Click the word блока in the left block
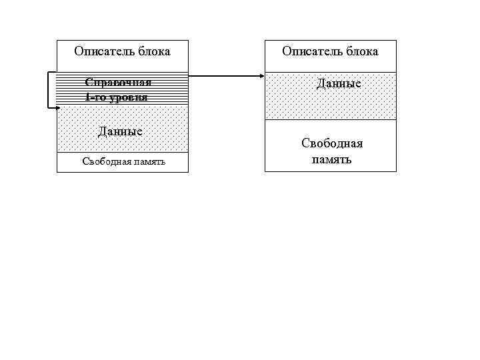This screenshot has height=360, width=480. pos(153,51)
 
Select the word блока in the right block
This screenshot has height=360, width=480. pos(361,51)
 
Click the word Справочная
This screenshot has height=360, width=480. pos(118,82)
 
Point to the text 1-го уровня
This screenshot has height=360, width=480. pos(117,97)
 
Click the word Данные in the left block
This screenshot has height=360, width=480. pos(120,131)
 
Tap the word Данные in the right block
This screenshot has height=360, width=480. pos(339,84)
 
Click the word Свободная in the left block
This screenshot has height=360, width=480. pos(103,162)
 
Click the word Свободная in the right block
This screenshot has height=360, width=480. pos(332,143)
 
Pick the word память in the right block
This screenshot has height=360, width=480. pos(331,160)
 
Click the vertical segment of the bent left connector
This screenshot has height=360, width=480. pos(47,90)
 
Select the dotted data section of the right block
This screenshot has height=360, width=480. pos(293,100)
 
